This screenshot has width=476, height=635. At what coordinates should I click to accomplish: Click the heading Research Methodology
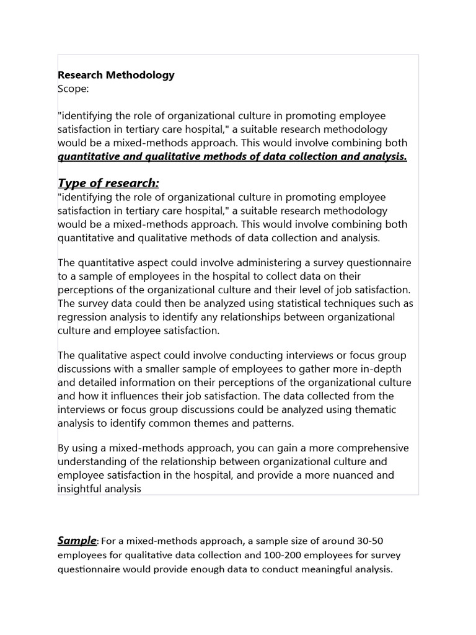[x=116, y=75]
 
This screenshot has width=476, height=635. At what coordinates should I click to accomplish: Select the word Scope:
[x=74, y=89]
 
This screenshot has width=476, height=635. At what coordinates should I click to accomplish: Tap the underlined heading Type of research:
[x=108, y=183]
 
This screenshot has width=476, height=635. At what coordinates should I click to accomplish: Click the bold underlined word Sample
[x=77, y=541]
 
